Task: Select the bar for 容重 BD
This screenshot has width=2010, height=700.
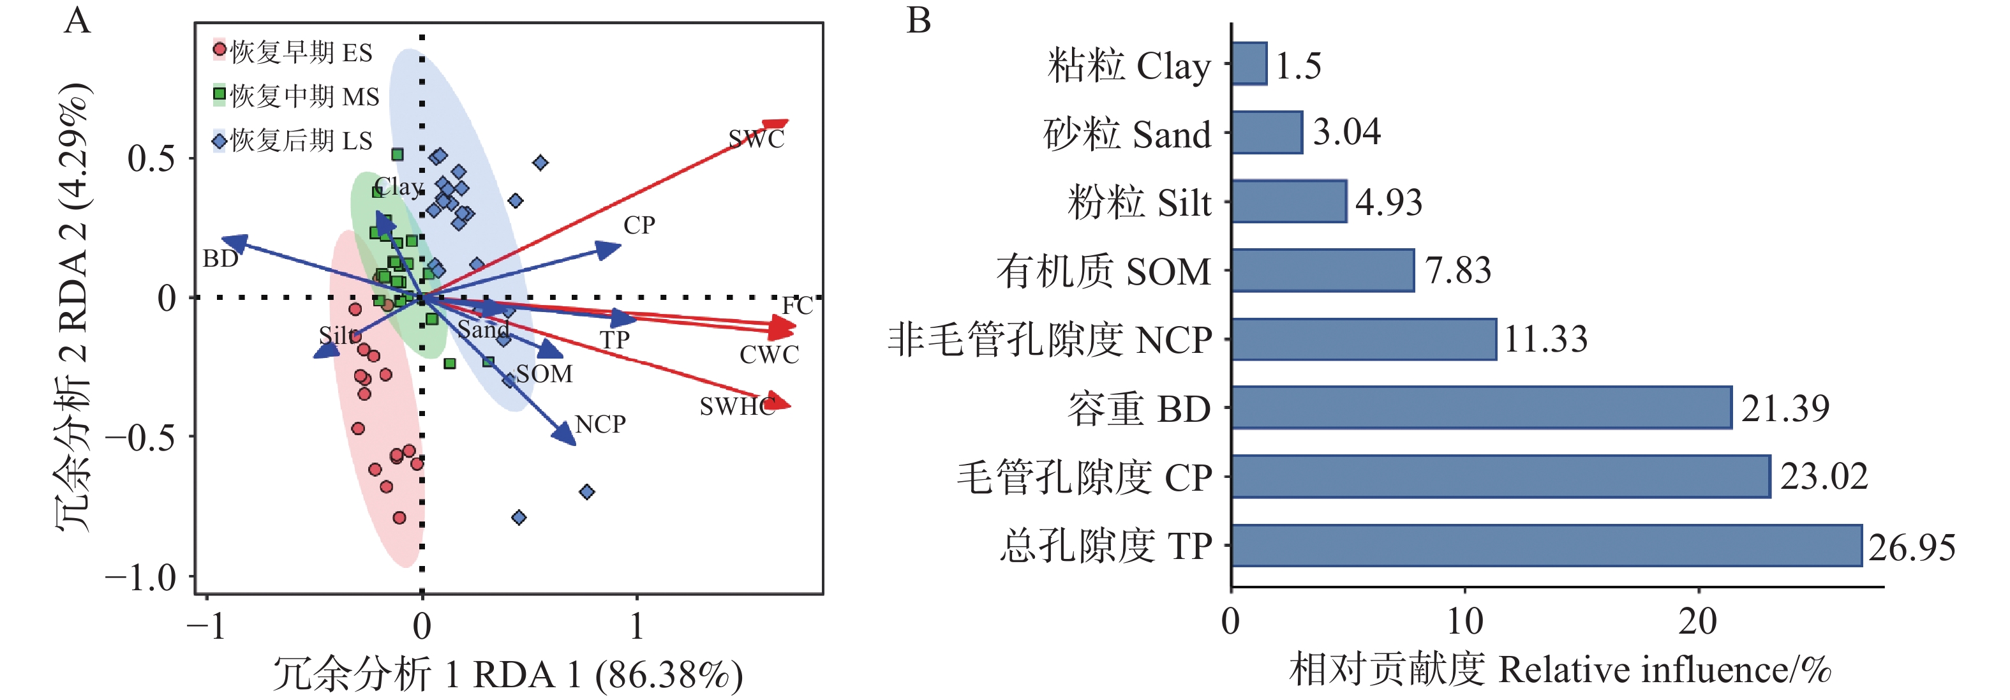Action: pyautogui.click(x=1481, y=407)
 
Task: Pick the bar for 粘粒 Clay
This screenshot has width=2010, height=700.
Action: pyautogui.click(x=1249, y=64)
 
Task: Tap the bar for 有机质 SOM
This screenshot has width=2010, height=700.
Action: pyautogui.click(x=1323, y=270)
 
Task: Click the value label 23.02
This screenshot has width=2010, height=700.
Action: pyautogui.click(x=1824, y=477)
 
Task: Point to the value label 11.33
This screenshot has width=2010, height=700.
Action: pyautogui.click(x=1545, y=339)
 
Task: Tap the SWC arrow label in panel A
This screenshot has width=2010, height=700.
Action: pyautogui.click(x=756, y=139)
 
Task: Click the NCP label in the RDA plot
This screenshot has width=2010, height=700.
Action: pyautogui.click(x=600, y=424)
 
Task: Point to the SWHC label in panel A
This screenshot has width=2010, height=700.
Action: pyautogui.click(x=736, y=406)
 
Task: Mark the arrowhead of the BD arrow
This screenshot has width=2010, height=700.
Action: pyautogui.click(x=231, y=242)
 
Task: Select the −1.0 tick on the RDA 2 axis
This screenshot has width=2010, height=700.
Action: pyautogui.click(x=140, y=578)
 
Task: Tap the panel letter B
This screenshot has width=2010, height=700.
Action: pyautogui.click(x=918, y=21)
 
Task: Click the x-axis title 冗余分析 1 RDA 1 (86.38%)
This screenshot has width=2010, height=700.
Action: pyautogui.click(x=507, y=675)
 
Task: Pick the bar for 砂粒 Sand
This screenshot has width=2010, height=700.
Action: pyautogui.click(x=1267, y=133)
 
